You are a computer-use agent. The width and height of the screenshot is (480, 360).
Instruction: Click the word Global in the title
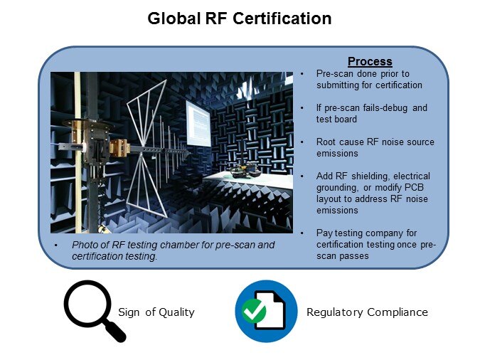(x=174, y=18)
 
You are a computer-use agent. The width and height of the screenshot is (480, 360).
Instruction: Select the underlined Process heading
(x=370, y=62)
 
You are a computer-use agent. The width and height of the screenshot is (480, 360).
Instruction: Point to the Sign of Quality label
(x=156, y=312)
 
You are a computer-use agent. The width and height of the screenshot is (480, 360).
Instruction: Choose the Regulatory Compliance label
(x=367, y=312)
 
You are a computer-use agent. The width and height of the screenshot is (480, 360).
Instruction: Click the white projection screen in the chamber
(x=198, y=124)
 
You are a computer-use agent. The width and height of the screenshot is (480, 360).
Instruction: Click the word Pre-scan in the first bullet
(x=335, y=74)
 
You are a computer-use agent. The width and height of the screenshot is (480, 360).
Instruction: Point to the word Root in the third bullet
(x=326, y=142)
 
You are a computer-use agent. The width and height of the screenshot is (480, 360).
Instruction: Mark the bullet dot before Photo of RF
(x=55, y=245)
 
